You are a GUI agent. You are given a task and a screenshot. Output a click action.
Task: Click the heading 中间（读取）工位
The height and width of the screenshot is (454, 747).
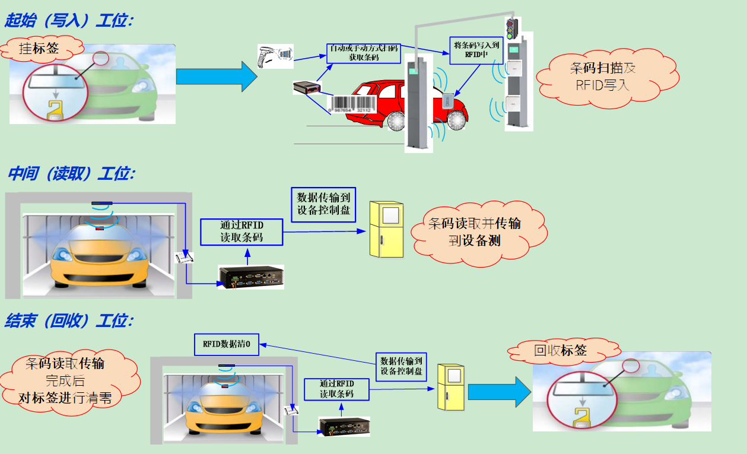point(71,174)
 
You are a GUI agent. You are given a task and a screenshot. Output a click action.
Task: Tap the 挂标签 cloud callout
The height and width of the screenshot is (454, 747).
point(39,48)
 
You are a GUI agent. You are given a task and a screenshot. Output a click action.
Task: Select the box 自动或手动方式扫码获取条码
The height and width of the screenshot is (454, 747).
point(364,52)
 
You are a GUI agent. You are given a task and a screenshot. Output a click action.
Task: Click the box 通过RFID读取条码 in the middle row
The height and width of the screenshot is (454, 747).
point(241,231)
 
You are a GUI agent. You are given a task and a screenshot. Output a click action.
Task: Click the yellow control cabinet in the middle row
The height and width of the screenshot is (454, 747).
point(386,229)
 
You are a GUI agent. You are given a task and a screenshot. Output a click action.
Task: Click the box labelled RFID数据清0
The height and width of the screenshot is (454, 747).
point(226,344)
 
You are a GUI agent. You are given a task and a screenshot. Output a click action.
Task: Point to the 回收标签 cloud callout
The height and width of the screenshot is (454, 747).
point(560,350)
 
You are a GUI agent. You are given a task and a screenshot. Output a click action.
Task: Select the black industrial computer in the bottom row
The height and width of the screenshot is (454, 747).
point(345,426)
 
